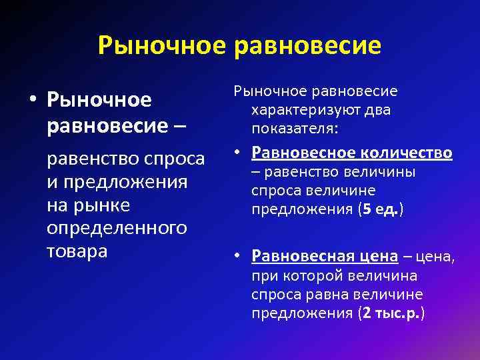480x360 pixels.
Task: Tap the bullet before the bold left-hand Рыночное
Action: pos(32,101)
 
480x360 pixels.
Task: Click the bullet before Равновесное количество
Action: pos(241,154)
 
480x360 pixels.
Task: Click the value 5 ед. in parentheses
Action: pos(380,210)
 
